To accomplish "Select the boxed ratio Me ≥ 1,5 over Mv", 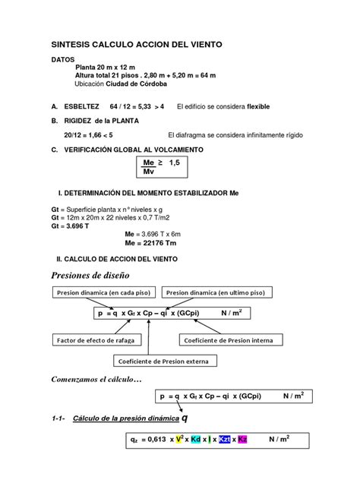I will click(x=163, y=167).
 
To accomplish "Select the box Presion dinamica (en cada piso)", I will click(x=104, y=292).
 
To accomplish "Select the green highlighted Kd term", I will click(x=196, y=440).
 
